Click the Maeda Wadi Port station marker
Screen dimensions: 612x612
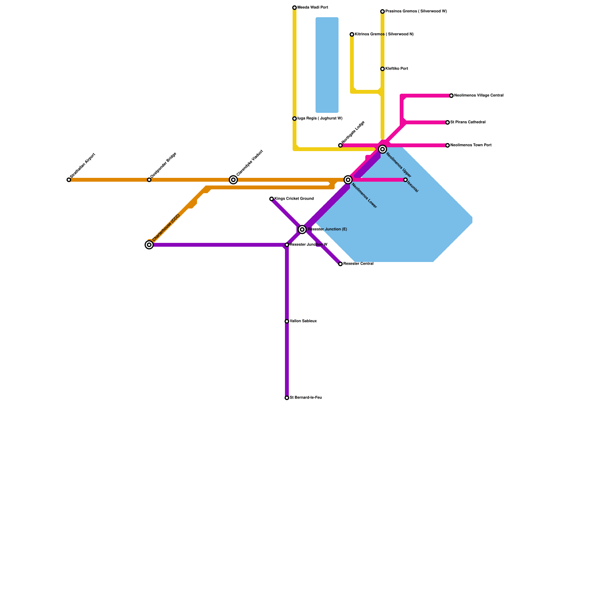[295, 8]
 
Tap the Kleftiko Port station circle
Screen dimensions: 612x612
[382, 69]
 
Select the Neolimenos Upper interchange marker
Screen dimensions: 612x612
[382, 149]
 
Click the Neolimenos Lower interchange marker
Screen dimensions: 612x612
[348, 180]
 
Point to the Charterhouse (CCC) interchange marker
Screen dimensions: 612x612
[149, 245]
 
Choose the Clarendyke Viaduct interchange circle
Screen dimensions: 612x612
[233, 180]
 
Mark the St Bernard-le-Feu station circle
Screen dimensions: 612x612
[287, 398]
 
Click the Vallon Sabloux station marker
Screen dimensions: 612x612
[287, 321]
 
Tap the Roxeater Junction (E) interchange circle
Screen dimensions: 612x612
[302, 229]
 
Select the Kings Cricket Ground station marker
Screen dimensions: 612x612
[272, 199]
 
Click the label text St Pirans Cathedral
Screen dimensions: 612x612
[468, 122]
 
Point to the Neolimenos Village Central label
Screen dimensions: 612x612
[479, 96]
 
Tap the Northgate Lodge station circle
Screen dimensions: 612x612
[340, 145]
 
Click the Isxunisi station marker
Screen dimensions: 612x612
[405, 180]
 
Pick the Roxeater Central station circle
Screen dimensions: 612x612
[340, 264]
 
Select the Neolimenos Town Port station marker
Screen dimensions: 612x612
[448, 145]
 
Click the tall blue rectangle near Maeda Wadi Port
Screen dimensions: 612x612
[327, 65]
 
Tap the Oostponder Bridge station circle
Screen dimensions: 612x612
[149, 180]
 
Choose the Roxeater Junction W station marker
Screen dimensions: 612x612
[287, 245]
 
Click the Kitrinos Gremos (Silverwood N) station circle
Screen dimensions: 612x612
[352, 34]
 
